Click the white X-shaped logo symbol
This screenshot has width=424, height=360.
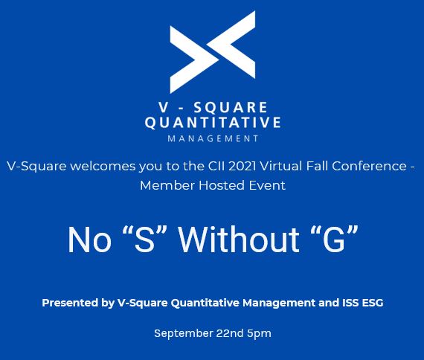(x=213, y=52)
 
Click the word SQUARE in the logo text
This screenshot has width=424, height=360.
(x=231, y=107)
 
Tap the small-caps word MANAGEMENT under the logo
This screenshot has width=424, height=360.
(x=213, y=139)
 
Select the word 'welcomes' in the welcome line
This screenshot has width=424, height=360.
(x=103, y=166)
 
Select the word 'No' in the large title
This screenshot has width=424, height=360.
(x=89, y=240)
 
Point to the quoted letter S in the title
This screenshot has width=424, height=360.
(x=144, y=240)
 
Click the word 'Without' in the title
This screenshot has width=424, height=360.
(x=239, y=240)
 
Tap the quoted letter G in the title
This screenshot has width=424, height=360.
(x=334, y=240)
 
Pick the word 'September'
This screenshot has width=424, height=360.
(x=184, y=333)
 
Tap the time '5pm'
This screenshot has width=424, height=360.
(x=259, y=333)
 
